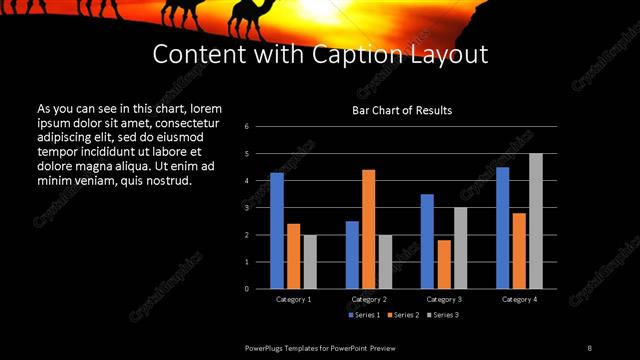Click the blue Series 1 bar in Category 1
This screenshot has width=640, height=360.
[x=277, y=231]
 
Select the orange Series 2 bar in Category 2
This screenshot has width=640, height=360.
[x=369, y=229]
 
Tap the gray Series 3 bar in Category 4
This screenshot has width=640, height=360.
[x=536, y=221]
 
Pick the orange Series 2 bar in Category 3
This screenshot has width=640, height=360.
[x=444, y=264]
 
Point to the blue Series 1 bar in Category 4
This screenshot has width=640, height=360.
[x=503, y=228]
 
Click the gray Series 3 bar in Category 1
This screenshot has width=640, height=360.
[x=310, y=262]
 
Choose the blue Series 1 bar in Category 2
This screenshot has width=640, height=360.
[x=352, y=255]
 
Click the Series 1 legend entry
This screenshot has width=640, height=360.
[x=363, y=315]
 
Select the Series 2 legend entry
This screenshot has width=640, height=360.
[x=402, y=315]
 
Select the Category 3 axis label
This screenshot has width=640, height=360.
[x=444, y=299]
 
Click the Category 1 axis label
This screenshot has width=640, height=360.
[x=294, y=299]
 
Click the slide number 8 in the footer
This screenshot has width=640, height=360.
[x=589, y=347]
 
